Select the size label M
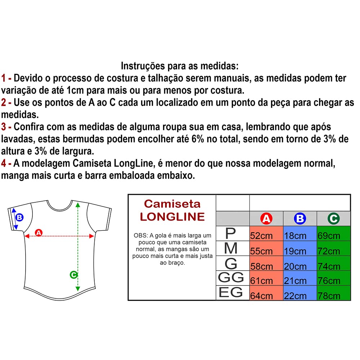230,249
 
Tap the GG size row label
231,278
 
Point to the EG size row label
231,293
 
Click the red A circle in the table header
266,219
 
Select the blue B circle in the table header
300,219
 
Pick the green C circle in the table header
333,219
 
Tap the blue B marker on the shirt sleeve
19,217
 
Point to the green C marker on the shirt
73,275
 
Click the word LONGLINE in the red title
172,217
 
